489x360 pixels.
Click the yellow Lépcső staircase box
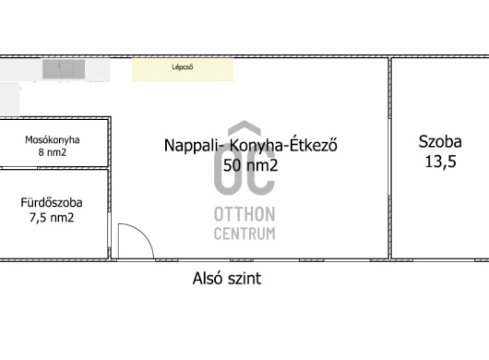[x=183, y=69]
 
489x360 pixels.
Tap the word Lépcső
[x=183, y=67]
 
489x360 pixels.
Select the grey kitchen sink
[x=64, y=69]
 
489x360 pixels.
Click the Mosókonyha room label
[x=53, y=139]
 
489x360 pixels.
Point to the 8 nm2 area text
[x=53, y=152]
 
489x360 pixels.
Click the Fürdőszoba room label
[x=52, y=203]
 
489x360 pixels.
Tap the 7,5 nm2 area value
[x=52, y=218]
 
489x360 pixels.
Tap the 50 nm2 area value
[x=250, y=165]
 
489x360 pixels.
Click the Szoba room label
[x=440, y=141]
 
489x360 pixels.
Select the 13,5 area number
[x=441, y=162]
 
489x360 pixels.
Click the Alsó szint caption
[x=227, y=278]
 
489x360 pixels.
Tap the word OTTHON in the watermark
[x=244, y=214]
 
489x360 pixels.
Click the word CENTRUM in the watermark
[x=244, y=234]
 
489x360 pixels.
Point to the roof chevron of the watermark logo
[x=244, y=127]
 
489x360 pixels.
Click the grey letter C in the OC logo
[x=261, y=171]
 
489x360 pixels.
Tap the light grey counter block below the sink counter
[x=9, y=99]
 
